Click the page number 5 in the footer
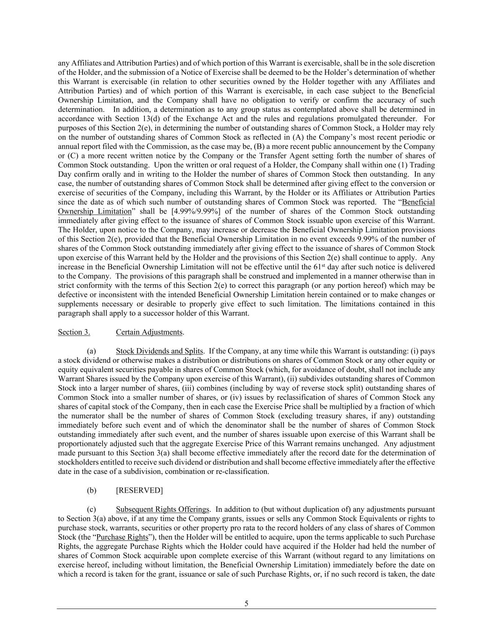click(x=246, y=603)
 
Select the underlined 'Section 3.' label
click(x=74, y=332)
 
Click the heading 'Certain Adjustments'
click(x=149, y=332)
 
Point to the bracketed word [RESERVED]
click(x=139, y=490)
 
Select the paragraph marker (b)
click(x=92, y=490)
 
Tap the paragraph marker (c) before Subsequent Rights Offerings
click(x=92, y=509)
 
